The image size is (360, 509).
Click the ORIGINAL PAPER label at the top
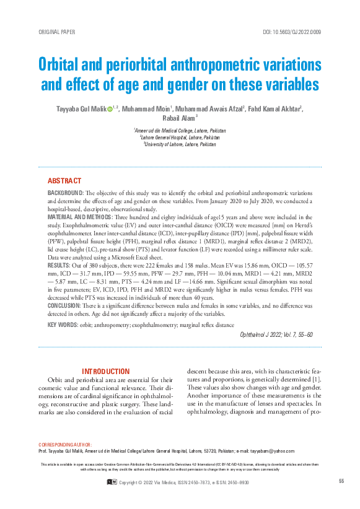pyautogui.click(x=56, y=31)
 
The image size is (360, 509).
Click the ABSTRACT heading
pyautogui.click(x=64, y=181)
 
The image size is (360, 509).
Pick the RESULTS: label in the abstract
pyautogui.click(x=59, y=264)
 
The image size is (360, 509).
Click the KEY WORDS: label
pyautogui.click(x=62, y=325)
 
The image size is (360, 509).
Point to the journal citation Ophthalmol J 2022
pyautogui.click(x=260, y=335)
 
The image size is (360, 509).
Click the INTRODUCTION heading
pyautogui.click(x=106, y=372)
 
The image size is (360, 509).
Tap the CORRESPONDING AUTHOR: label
pyautogui.click(x=65, y=445)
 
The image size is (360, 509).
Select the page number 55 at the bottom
pyautogui.click(x=341, y=482)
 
